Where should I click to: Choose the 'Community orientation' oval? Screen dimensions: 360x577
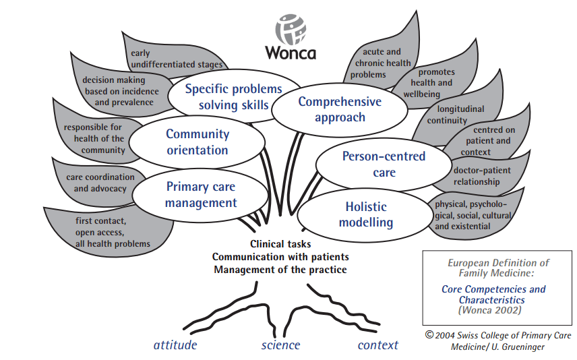(x=198, y=142)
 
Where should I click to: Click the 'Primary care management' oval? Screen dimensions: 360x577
(x=201, y=195)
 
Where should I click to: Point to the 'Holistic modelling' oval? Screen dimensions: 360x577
(x=365, y=214)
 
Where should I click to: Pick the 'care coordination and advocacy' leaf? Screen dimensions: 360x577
(x=100, y=183)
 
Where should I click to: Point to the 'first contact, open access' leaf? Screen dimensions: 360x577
(x=111, y=231)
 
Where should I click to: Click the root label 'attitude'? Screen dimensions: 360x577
(x=175, y=345)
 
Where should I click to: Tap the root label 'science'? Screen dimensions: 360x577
(x=280, y=345)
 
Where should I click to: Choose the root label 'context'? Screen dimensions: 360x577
(x=377, y=345)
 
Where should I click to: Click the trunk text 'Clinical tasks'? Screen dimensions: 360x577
(x=280, y=244)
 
